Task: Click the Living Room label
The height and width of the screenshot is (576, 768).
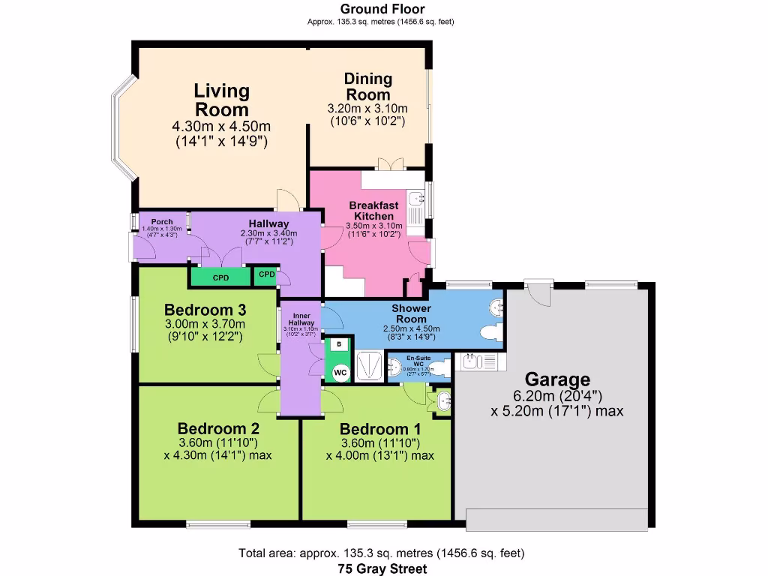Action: tap(221, 100)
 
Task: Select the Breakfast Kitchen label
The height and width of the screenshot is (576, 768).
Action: tap(373, 211)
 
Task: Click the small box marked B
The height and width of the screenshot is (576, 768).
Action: tap(340, 344)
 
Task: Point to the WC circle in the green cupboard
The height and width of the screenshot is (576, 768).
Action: tap(340, 371)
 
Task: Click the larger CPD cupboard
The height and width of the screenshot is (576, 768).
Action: tap(220, 277)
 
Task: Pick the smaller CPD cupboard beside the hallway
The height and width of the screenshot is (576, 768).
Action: tap(266, 275)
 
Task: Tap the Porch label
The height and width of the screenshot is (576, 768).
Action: tap(162, 222)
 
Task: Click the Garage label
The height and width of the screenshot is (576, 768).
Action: tap(556, 379)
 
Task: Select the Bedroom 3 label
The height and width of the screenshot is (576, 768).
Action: tap(205, 310)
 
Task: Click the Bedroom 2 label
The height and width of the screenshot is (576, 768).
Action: tap(218, 429)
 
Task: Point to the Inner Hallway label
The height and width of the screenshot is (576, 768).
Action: tap(301, 319)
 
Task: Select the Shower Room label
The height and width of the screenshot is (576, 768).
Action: tap(411, 313)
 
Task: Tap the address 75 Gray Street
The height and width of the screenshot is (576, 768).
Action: tap(382, 568)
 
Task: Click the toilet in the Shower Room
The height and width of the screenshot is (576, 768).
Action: tap(491, 332)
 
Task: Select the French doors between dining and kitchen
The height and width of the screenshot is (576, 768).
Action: tap(389, 165)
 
